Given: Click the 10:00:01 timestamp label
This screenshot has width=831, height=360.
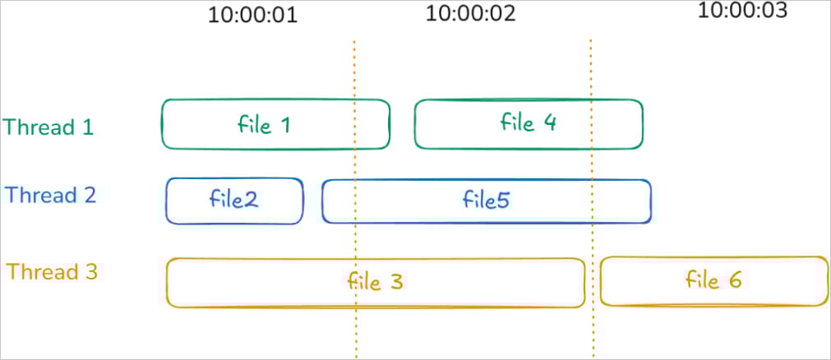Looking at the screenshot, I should click(252, 15).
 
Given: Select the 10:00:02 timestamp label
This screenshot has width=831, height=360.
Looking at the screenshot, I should click(470, 14).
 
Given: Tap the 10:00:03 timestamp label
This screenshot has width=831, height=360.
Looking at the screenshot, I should click(742, 10).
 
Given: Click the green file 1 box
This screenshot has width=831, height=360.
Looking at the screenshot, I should click(205, 125).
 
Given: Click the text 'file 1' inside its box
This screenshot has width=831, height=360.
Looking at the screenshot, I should click(264, 125).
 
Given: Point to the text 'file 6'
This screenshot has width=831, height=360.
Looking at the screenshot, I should click(713, 279).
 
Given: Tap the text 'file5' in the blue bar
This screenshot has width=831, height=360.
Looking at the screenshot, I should click(487, 201).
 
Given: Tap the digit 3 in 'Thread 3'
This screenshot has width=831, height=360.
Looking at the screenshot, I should click(91, 272).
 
